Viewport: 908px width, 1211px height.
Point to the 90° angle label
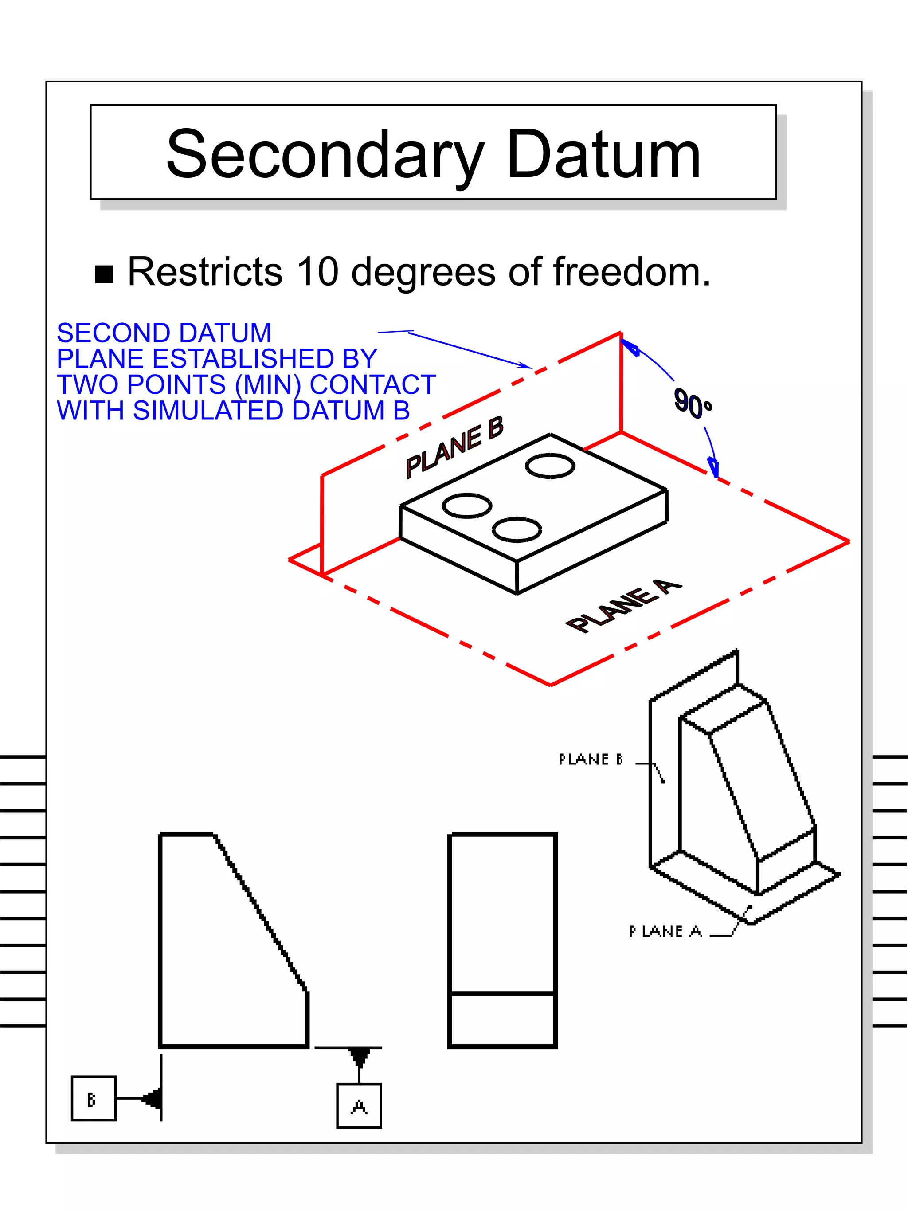tap(693, 404)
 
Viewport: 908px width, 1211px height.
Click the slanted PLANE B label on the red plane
tap(454, 447)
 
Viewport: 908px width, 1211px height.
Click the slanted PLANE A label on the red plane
tap(624, 607)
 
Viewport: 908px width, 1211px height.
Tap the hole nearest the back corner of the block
tap(550, 466)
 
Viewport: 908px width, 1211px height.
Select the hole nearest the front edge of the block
tap(517, 530)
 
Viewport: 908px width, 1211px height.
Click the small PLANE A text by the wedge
tap(665, 931)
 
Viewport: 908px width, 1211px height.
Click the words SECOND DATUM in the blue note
tap(164, 333)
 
